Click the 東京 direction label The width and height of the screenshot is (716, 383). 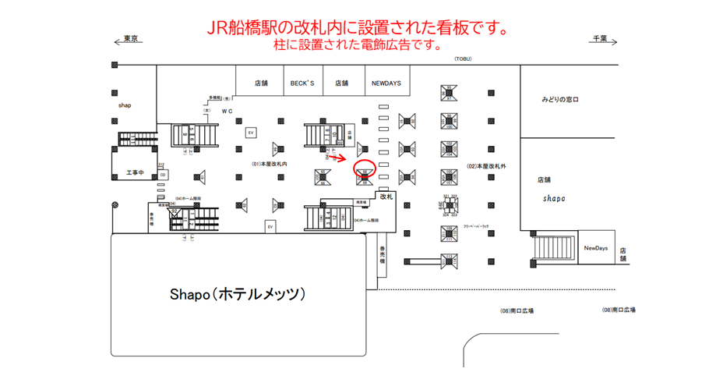point(130,38)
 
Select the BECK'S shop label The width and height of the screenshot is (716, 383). point(302,83)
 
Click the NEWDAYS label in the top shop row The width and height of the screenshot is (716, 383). point(386,83)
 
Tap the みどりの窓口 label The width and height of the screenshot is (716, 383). point(561,101)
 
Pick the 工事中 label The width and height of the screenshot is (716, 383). point(136,172)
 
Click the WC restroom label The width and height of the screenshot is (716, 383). point(227,112)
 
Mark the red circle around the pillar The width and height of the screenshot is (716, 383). point(365,167)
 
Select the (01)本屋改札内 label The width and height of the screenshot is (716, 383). point(270,165)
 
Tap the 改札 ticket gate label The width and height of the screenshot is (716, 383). point(387,198)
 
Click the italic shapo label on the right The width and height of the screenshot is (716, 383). point(554,198)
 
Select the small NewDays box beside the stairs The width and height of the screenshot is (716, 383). point(596,248)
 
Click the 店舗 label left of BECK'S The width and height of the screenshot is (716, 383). point(261,83)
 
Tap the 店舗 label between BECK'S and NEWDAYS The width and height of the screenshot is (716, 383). point(341,83)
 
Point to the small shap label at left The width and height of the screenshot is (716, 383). point(124,104)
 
